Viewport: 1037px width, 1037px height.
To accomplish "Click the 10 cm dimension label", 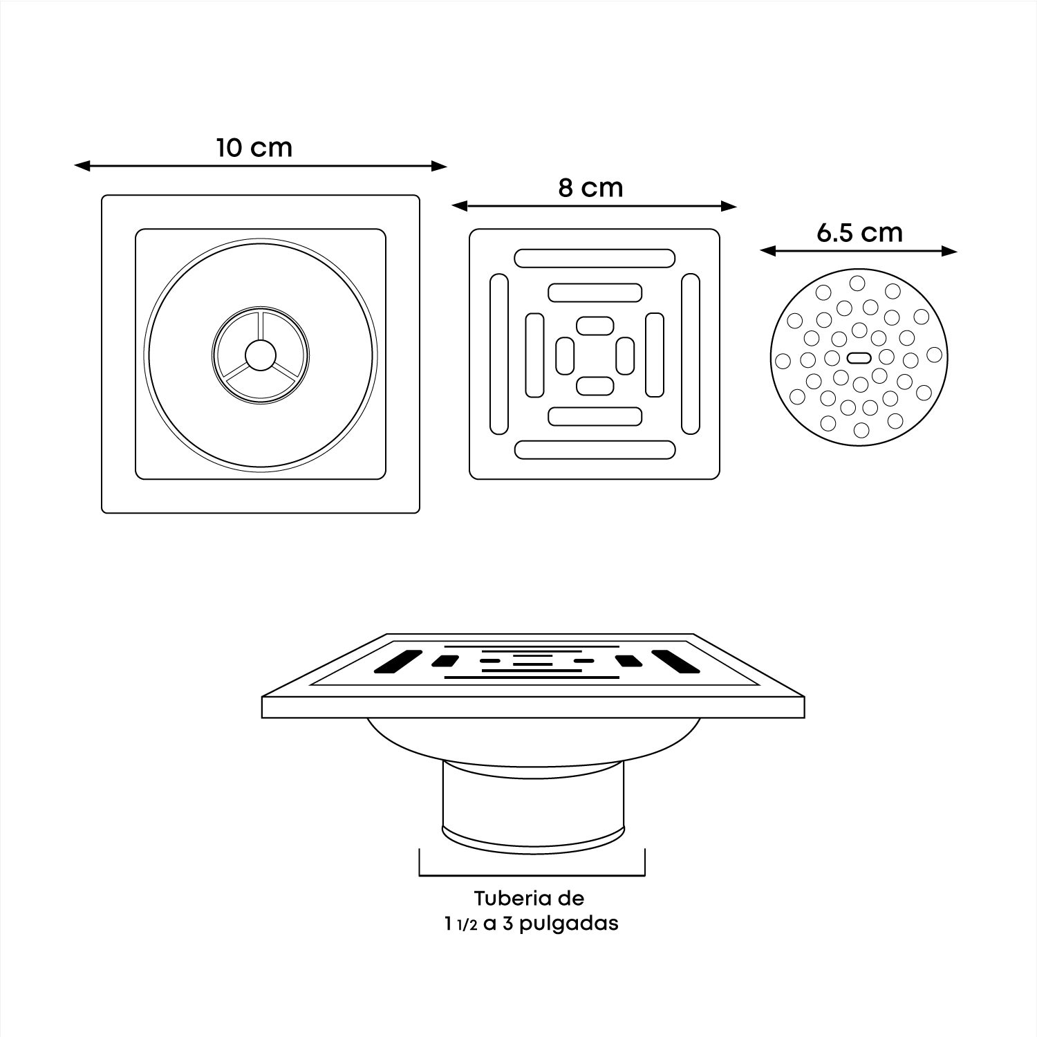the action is [x=254, y=148].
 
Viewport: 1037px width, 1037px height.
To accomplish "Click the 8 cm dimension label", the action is [x=590, y=188].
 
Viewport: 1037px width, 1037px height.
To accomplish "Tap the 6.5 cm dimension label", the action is [x=859, y=232].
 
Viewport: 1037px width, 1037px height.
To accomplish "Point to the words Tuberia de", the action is [x=529, y=899].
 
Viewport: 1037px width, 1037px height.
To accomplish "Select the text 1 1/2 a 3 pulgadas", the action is [x=532, y=924].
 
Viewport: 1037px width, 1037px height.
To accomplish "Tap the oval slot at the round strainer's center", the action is [x=858, y=357].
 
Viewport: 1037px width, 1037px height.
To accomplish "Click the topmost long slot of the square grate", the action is [x=595, y=258].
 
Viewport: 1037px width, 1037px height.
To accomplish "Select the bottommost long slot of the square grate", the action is [x=595, y=449].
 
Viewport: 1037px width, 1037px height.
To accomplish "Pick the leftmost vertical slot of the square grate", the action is [x=498, y=354].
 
